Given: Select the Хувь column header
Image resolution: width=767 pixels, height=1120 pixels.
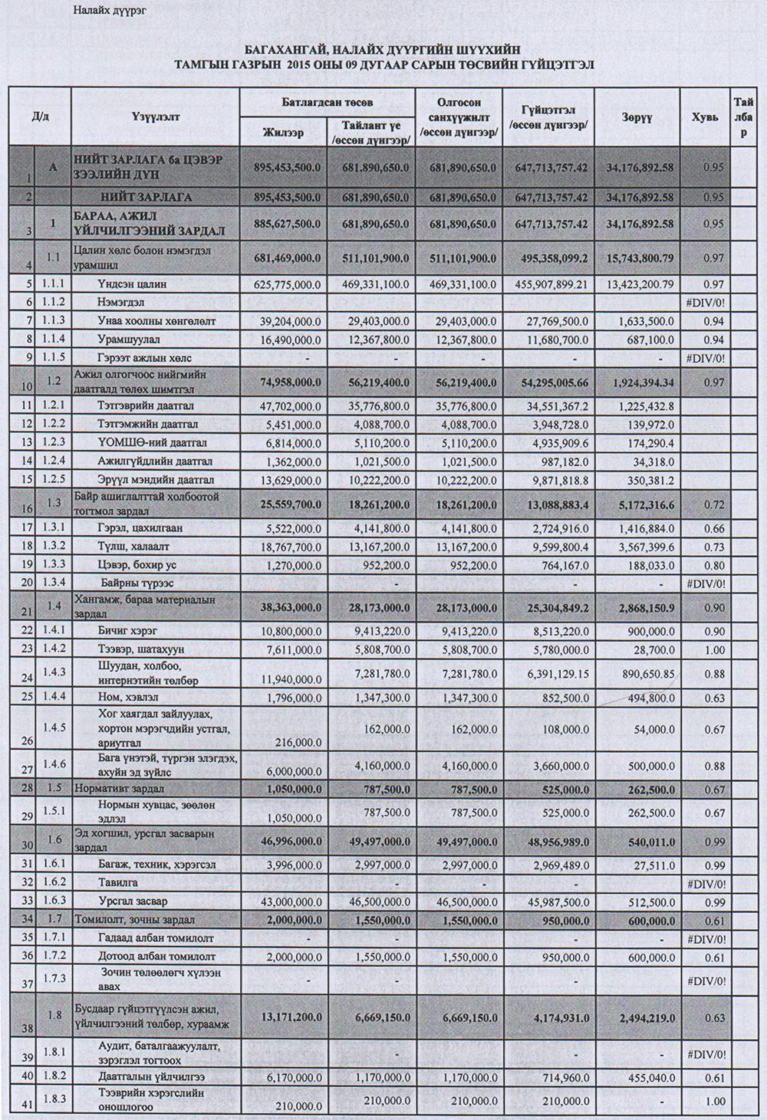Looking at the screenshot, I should [705, 117].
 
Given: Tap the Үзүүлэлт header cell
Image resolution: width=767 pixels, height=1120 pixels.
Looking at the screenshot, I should [155, 117].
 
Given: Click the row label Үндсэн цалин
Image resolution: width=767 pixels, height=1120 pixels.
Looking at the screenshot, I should [132, 284].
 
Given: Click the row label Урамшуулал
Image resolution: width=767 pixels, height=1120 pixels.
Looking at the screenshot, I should [129, 340].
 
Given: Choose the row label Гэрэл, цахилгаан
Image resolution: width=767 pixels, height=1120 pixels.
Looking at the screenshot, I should [141, 528].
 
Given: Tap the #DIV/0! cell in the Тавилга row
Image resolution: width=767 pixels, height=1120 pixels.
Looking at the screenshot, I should [706, 883].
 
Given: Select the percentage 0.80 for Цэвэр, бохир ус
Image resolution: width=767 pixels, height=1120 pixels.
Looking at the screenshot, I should [713, 565].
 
